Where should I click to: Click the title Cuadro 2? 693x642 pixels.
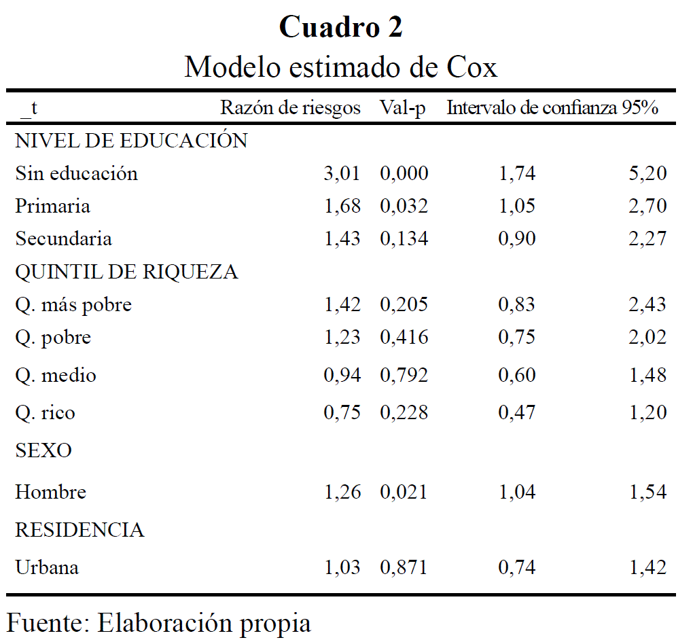point(340,27)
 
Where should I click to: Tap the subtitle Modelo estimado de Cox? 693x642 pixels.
point(340,67)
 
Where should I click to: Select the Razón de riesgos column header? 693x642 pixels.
point(290,108)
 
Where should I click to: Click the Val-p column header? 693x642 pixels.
point(403,108)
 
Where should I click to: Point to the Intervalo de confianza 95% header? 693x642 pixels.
point(552,108)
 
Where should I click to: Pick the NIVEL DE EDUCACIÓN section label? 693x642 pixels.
point(131,141)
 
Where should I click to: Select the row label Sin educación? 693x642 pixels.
point(76,173)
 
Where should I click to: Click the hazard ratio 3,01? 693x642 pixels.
point(342,174)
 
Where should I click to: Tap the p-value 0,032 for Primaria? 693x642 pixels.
point(404,207)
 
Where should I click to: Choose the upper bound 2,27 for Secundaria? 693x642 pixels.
point(647,239)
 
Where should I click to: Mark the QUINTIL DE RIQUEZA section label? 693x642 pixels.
point(126,272)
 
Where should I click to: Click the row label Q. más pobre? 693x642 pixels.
point(73,305)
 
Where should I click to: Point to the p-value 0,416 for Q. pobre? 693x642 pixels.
point(404,338)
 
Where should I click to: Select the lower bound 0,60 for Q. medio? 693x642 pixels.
point(517,375)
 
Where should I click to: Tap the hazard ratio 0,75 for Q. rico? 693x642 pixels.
point(342,412)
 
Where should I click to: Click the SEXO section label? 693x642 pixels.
point(43,450)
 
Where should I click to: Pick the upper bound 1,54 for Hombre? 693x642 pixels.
point(647,492)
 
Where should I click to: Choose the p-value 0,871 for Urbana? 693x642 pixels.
point(404,567)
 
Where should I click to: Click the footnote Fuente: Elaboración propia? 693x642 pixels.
point(159,622)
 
